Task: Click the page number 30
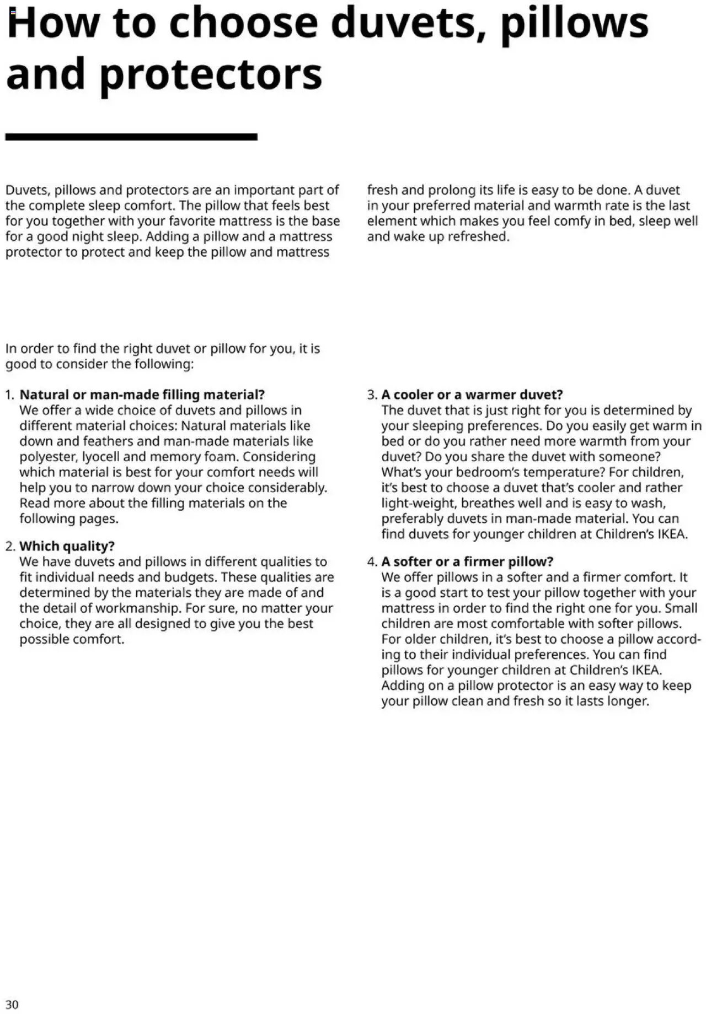pyautogui.click(x=12, y=1004)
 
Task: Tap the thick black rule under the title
pyautogui.click(x=131, y=137)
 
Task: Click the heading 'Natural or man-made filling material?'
pyautogui.click(x=142, y=395)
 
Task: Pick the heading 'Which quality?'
pyautogui.click(x=67, y=546)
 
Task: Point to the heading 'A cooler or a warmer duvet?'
pyautogui.click(x=472, y=395)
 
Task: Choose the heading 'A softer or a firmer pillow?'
pyautogui.click(x=467, y=562)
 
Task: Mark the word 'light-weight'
pyautogui.click(x=418, y=503)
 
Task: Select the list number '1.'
pyautogui.click(x=10, y=395)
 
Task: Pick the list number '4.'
pyautogui.click(x=372, y=562)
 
